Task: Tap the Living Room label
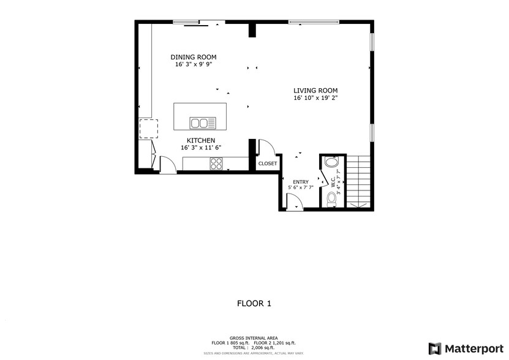click(x=315, y=91)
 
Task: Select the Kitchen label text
click(x=200, y=140)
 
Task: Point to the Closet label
click(x=267, y=163)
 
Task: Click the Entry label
click(x=300, y=182)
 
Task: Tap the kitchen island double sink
click(x=203, y=123)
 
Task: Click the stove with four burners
click(x=216, y=163)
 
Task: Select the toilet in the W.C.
click(x=331, y=198)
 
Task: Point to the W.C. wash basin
click(x=331, y=162)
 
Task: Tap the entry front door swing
click(x=295, y=202)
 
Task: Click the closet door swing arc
click(x=266, y=148)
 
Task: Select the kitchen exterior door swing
click(x=167, y=164)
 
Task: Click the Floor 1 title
click(x=254, y=303)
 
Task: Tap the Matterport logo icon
click(x=435, y=348)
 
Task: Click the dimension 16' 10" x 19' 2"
click(x=315, y=98)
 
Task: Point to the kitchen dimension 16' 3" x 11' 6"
click(x=200, y=148)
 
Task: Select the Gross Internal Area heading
click(x=254, y=338)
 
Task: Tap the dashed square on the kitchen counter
click(x=148, y=129)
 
